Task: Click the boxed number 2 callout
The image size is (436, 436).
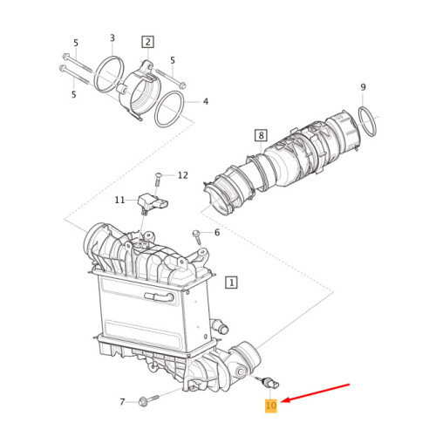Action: pyautogui.click(x=147, y=42)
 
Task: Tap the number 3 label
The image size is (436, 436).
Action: pyautogui.click(x=112, y=38)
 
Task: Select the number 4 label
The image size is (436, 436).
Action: pyautogui.click(x=206, y=102)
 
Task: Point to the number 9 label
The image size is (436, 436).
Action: pyautogui.click(x=363, y=87)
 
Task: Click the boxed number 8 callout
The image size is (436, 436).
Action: pyautogui.click(x=260, y=134)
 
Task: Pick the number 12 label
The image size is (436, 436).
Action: pyautogui.click(x=182, y=175)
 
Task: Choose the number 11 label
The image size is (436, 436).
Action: pyautogui.click(x=119, y=200)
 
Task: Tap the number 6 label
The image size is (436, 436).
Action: pyautogui.click(x=216, y=233)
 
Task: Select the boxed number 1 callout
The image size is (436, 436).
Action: pyautogui.click(x=231, y=282)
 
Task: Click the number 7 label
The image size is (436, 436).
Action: pyautogui.click(x=121, y=402)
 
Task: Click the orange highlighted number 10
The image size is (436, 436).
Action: pyautogui.click(x=270, y=405)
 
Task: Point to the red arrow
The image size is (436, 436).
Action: pyautogui.click(x=319, y=393)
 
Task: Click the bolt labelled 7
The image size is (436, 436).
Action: pyautogui.click(x=145, y=402)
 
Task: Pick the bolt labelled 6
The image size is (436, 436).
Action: pyautogui.click(x=197, y=235)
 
